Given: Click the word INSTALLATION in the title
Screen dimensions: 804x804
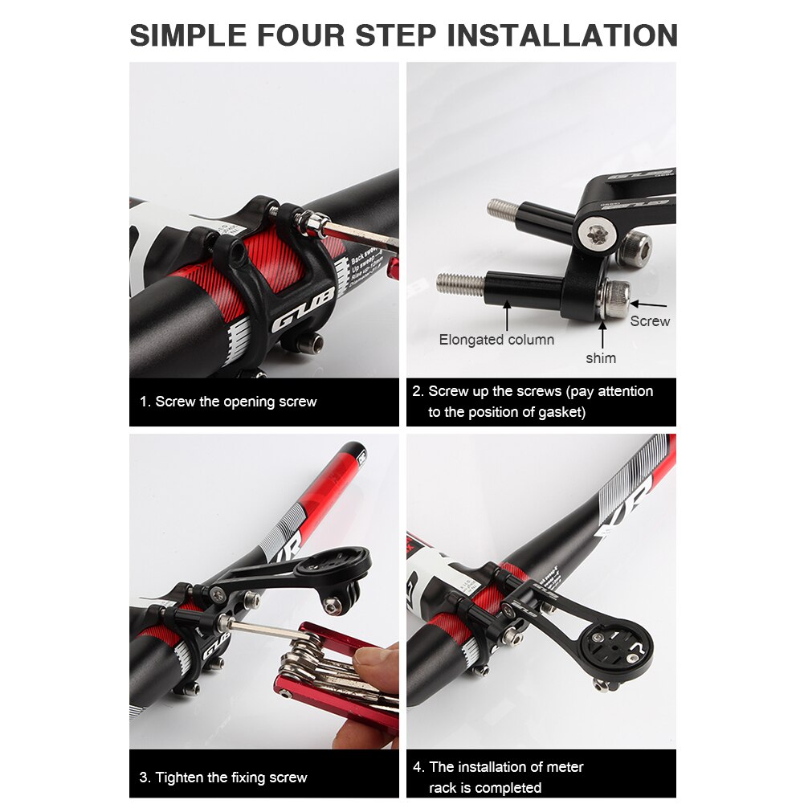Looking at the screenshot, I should pos(562,35).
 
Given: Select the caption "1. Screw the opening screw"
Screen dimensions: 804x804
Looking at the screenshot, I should pos(228,402).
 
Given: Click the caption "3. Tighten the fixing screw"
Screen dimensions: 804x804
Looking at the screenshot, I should pos(223,777).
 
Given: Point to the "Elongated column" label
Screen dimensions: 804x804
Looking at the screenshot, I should pos(496,340).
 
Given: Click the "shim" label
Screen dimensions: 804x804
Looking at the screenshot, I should pos(601,358).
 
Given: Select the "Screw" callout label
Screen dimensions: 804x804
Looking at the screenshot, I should pos(650,320).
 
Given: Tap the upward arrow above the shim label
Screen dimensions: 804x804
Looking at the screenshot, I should pos(602,335).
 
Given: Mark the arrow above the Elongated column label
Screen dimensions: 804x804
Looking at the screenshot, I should pos(507,316).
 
